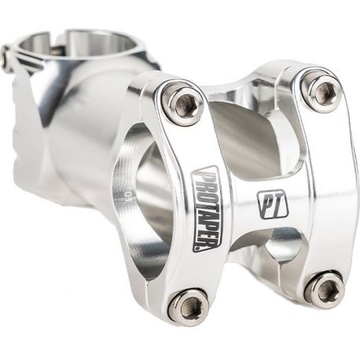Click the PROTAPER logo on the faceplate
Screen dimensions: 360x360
(207, 208)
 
